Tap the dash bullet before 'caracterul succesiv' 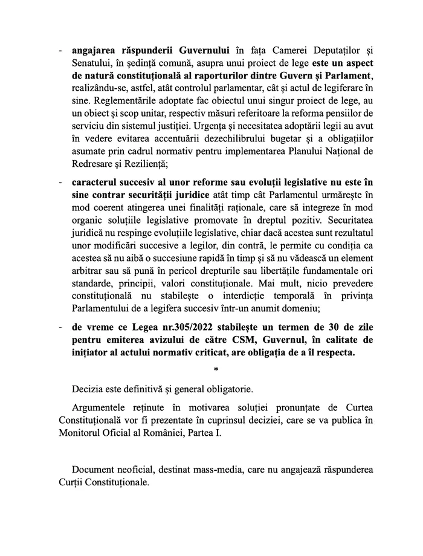point(60,181)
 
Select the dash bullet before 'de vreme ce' point(60,326)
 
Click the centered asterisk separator point(216,368)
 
